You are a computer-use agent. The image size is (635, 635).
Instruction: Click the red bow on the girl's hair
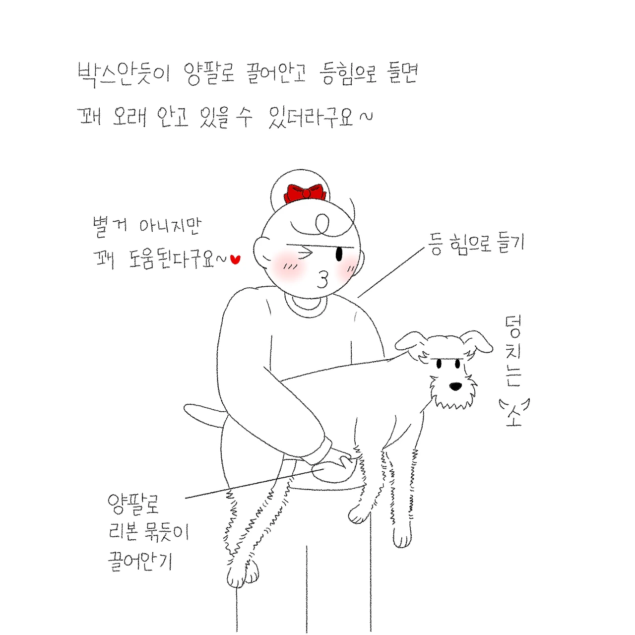pos(305,193)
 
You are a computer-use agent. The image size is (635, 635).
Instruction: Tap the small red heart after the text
pos(235,259)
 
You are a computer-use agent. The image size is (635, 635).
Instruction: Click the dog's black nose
pos(455,386)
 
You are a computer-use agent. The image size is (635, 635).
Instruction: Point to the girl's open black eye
pos(339,254)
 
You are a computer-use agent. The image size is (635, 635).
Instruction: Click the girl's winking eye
pos(304,253)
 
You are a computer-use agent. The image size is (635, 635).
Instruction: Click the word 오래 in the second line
pos(129,117)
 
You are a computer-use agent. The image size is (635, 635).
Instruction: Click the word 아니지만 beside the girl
pos(170,226)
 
